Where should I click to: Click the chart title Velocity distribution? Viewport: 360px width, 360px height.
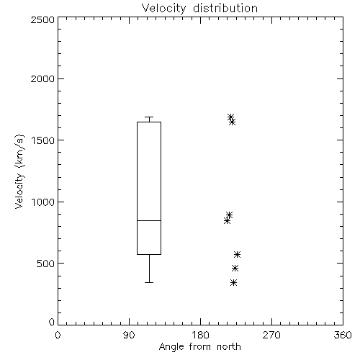[199, 9]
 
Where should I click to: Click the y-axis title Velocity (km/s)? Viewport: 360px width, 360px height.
[19, 171]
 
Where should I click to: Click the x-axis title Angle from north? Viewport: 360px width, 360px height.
[199, 347]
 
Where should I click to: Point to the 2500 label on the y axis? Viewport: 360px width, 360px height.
[42, 19]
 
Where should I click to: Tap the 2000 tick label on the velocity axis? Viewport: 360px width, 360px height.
[42, 79]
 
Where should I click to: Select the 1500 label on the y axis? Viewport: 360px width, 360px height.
[43, 140]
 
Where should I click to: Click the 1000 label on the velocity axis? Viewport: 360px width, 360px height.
[43, 202]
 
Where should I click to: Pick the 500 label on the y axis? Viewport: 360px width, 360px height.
[46, 264]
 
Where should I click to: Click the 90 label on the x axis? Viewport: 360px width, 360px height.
[129, 335]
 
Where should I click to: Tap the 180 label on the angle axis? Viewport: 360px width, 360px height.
[200, 335]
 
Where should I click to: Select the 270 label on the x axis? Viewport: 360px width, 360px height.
[271, 335]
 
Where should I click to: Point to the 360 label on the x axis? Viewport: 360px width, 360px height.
[343, 335]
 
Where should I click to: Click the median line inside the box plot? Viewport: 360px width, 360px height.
[149, 220]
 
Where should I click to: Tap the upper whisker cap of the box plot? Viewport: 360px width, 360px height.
[149, 117]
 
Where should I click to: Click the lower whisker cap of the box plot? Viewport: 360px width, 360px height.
[149, 282]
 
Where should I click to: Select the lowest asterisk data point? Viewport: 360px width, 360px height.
[233, 283]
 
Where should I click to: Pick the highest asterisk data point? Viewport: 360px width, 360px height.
[230, 117]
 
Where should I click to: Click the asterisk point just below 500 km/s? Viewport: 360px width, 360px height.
[235, 269]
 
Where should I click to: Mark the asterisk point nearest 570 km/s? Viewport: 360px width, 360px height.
[238, 255]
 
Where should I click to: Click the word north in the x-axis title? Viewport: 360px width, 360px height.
[229, 347]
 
